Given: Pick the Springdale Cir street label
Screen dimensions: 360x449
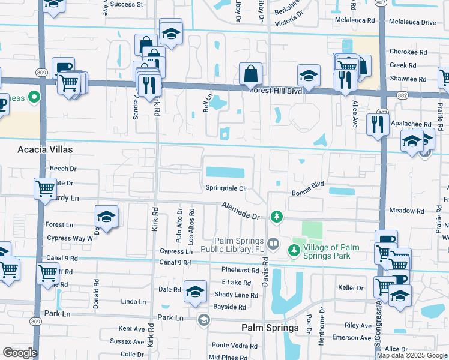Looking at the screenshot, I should [227, 188].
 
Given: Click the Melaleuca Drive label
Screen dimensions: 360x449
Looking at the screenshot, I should [412, 22].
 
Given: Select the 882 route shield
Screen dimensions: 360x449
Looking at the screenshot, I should [402, 94].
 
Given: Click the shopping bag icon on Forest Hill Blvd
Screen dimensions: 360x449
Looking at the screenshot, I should [250, 74].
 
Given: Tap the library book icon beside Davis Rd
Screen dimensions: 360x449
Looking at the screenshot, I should [273, 243].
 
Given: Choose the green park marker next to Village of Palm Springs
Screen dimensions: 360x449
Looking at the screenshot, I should [295, 249].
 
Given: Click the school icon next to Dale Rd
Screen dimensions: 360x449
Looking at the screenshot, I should [195, 292].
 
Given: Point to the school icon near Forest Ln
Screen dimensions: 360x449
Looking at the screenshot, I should [106, 217].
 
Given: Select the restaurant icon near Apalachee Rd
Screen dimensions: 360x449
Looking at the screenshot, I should [378, 124].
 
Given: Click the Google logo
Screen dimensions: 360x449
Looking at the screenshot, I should [20, 353].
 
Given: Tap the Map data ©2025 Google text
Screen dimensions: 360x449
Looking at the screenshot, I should [411, 355].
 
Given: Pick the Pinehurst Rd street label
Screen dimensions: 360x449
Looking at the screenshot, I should [240, 271].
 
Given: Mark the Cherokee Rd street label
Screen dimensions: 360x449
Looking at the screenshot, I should [408, 52].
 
